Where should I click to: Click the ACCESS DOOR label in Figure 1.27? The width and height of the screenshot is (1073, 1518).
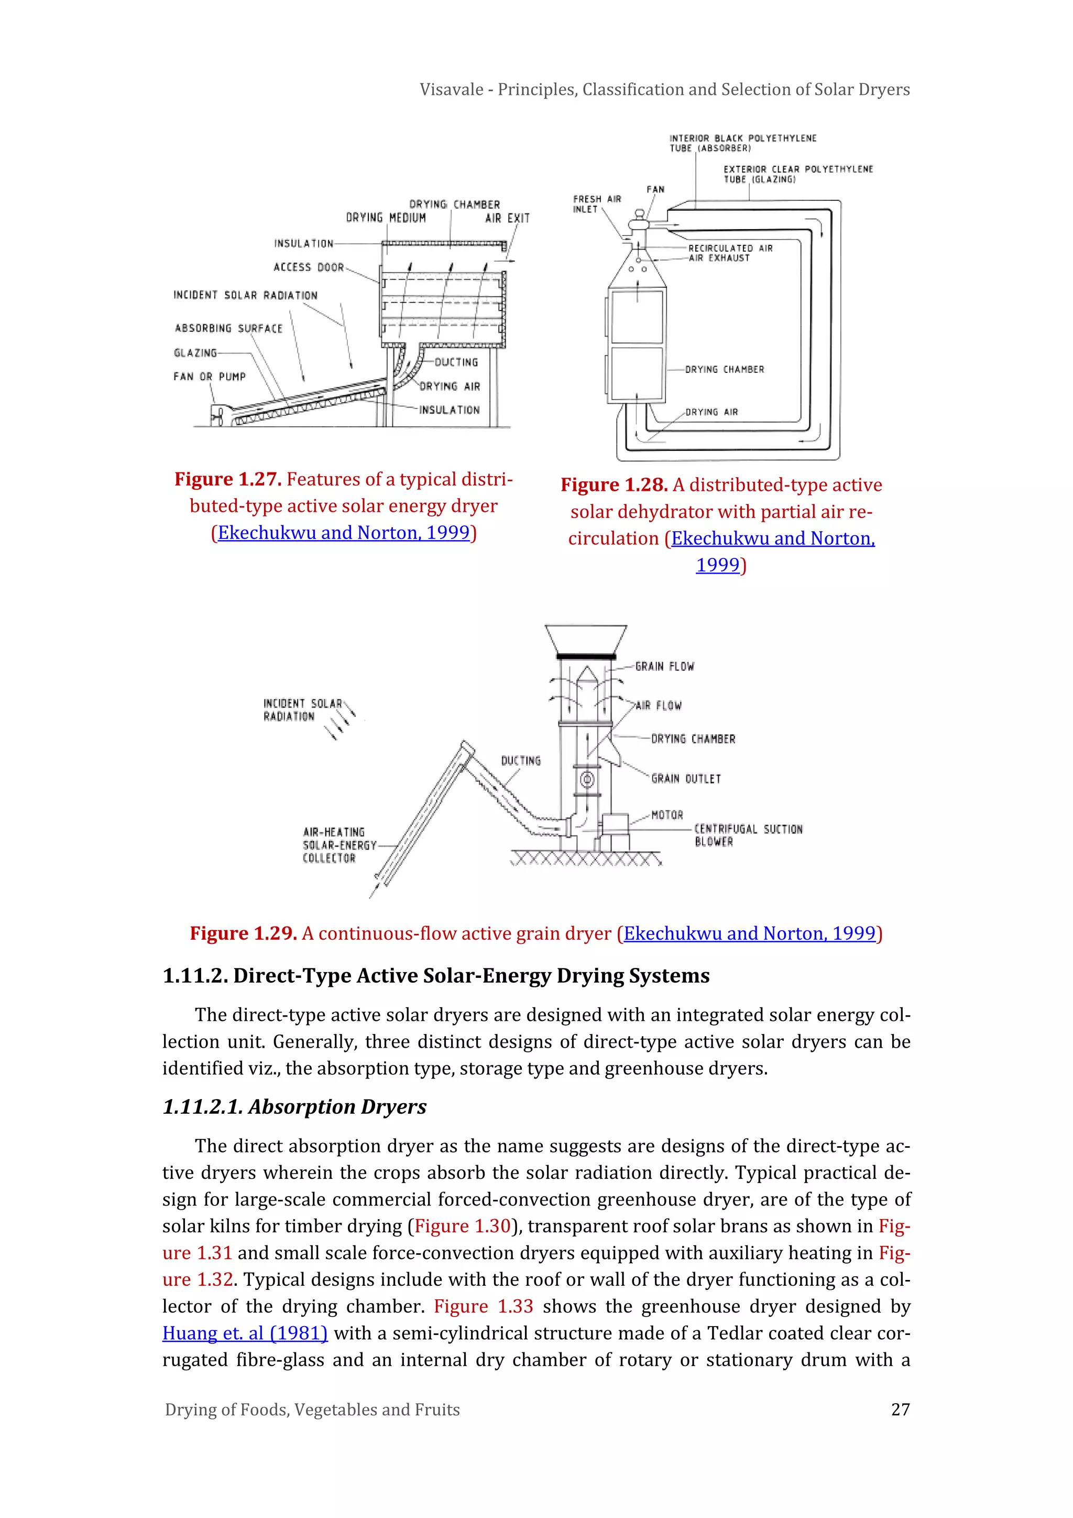[309, 267]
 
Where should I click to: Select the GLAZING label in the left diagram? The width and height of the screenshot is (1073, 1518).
[195, 353]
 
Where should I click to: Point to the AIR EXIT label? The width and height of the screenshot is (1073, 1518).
[508, 218]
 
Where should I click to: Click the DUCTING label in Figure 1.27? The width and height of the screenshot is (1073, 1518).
[456, 362]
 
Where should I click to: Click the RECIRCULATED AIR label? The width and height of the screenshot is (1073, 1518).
[730, 248]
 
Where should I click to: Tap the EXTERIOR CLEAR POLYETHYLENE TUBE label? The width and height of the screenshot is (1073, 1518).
[797, 174]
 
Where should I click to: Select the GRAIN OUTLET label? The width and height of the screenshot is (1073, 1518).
[686, 779]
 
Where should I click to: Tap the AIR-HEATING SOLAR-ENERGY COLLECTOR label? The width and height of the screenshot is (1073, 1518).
[339, 845]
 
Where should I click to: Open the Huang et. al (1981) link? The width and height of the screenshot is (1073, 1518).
[245, 1333]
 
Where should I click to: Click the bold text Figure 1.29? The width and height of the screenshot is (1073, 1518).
[243, 933]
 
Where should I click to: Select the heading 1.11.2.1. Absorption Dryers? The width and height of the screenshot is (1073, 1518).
[294, 1107]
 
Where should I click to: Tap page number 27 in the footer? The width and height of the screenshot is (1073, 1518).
[900, 1409]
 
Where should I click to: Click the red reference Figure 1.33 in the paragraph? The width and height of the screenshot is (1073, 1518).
[483, 1307]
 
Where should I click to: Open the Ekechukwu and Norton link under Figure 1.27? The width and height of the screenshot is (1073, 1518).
[344, 533]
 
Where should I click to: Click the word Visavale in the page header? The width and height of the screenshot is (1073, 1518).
[451, 89]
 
